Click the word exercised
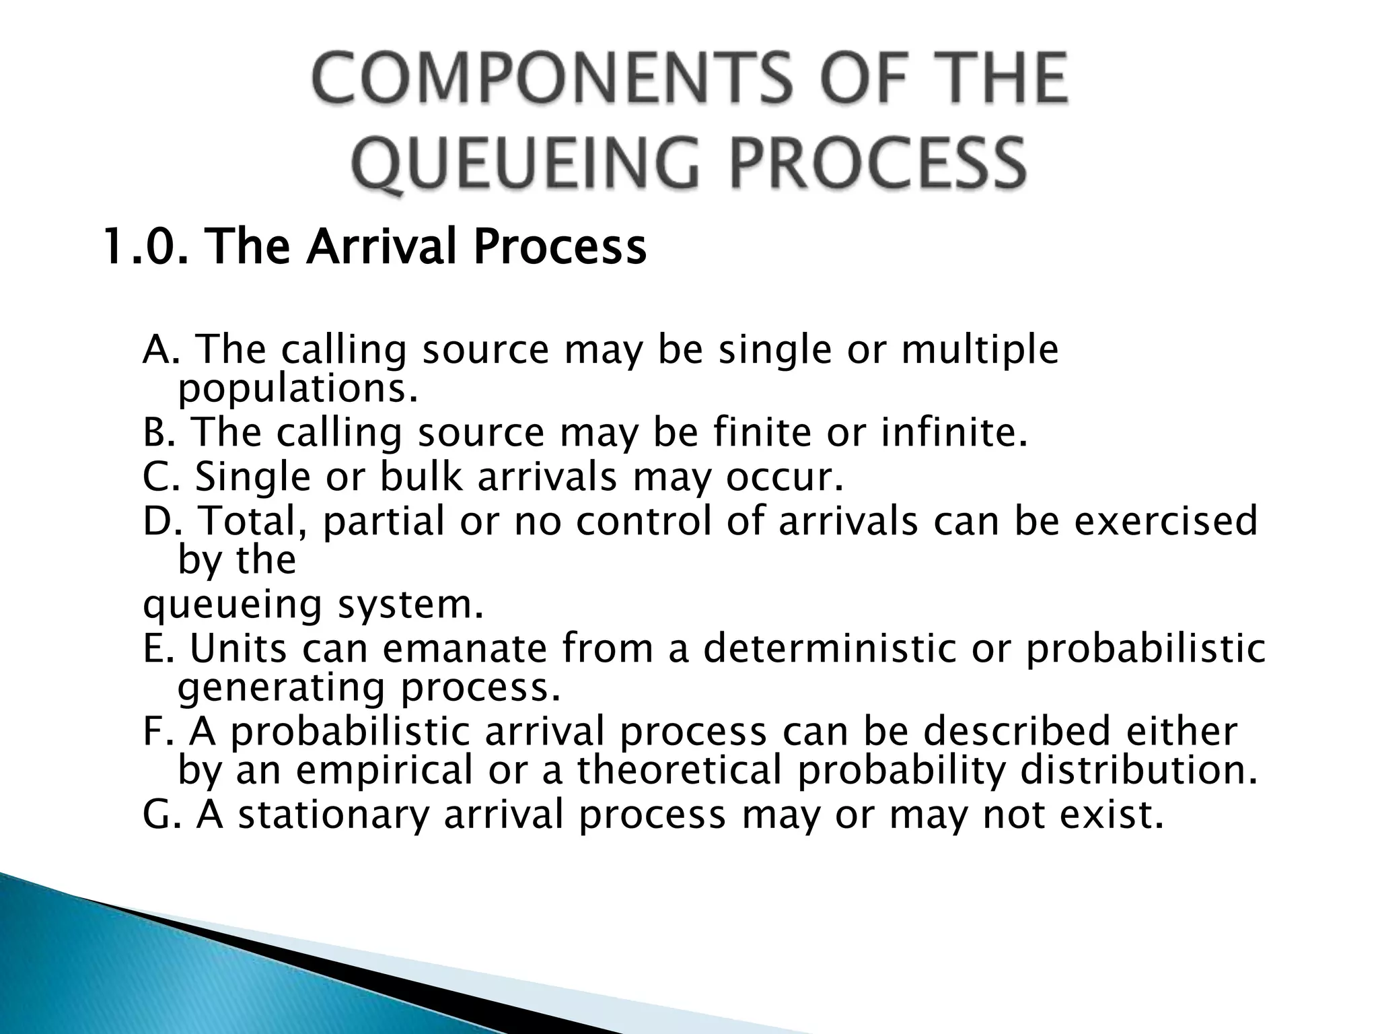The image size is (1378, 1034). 1165,521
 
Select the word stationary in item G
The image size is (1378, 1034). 334,815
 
